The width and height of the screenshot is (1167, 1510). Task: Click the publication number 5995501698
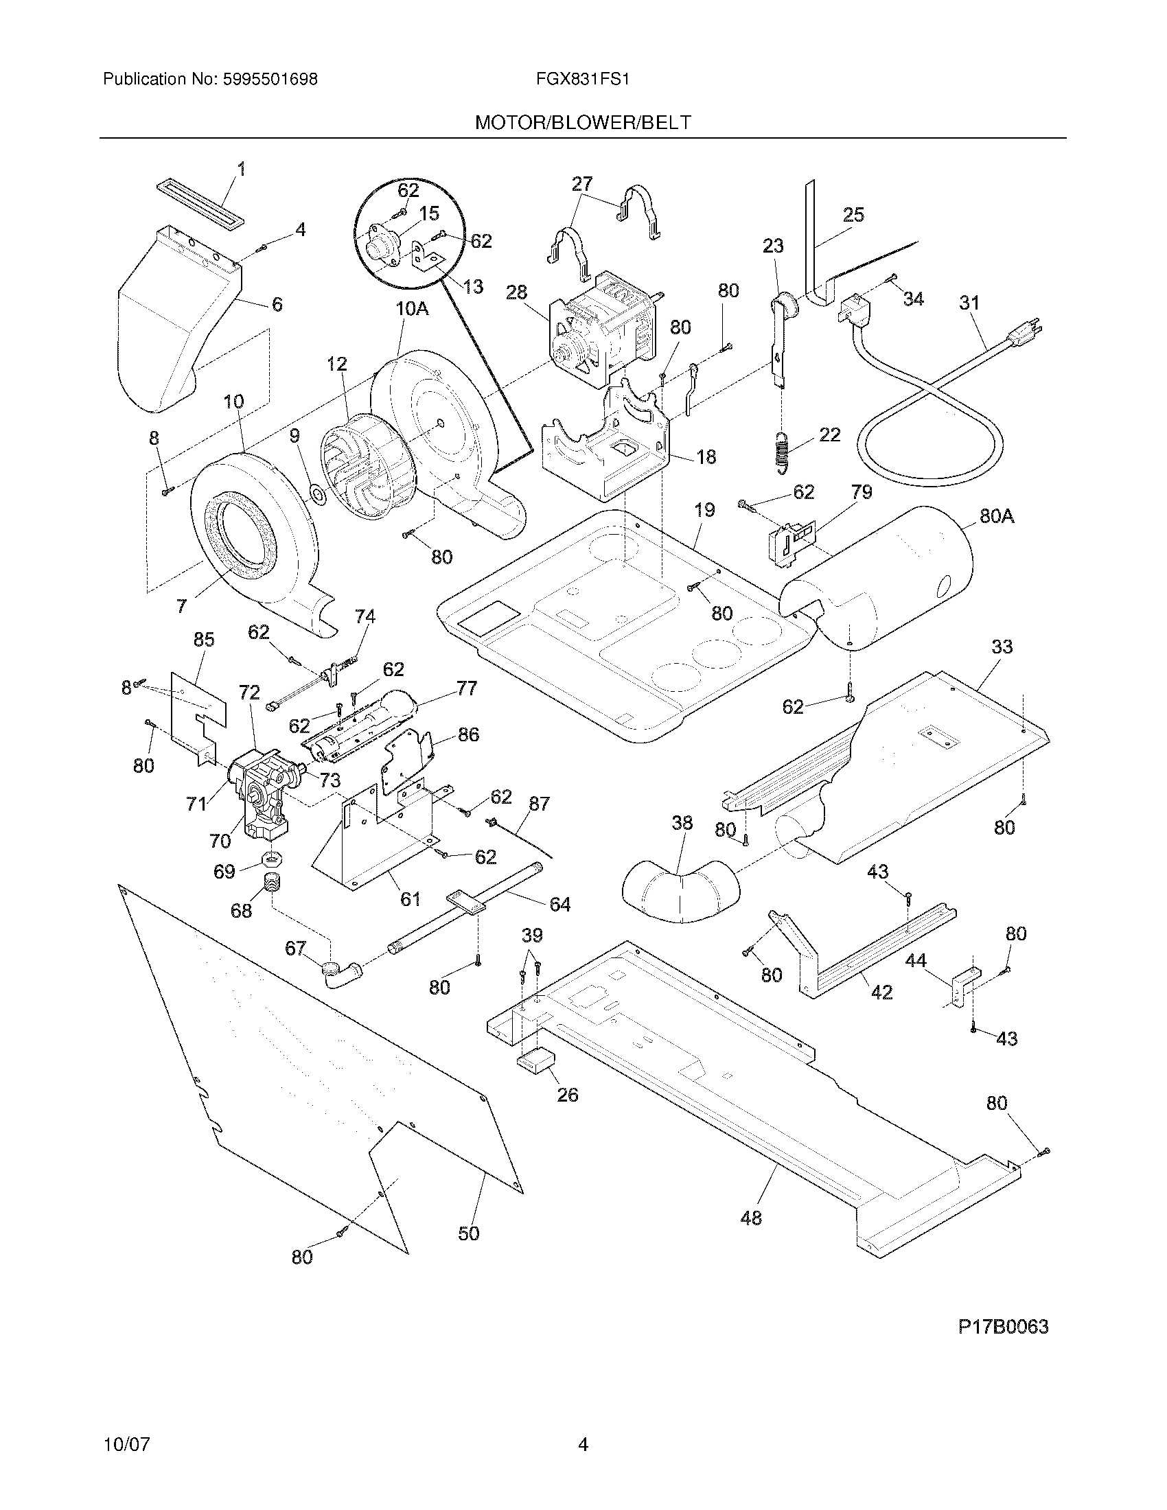coord(270,80)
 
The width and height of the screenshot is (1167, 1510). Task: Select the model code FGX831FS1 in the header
coord(582,80)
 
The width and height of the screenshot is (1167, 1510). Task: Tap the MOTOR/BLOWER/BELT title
coord(582,123)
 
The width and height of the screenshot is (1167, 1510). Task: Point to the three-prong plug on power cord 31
coord(1030,334)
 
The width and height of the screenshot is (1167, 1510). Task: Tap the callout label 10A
coord(412,309)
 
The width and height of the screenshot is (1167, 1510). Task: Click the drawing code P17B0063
coord(1002,1326)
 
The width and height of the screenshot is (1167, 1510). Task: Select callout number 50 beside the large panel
coord(468,1233)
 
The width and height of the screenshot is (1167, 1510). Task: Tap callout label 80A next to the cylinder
coord(996,515)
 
